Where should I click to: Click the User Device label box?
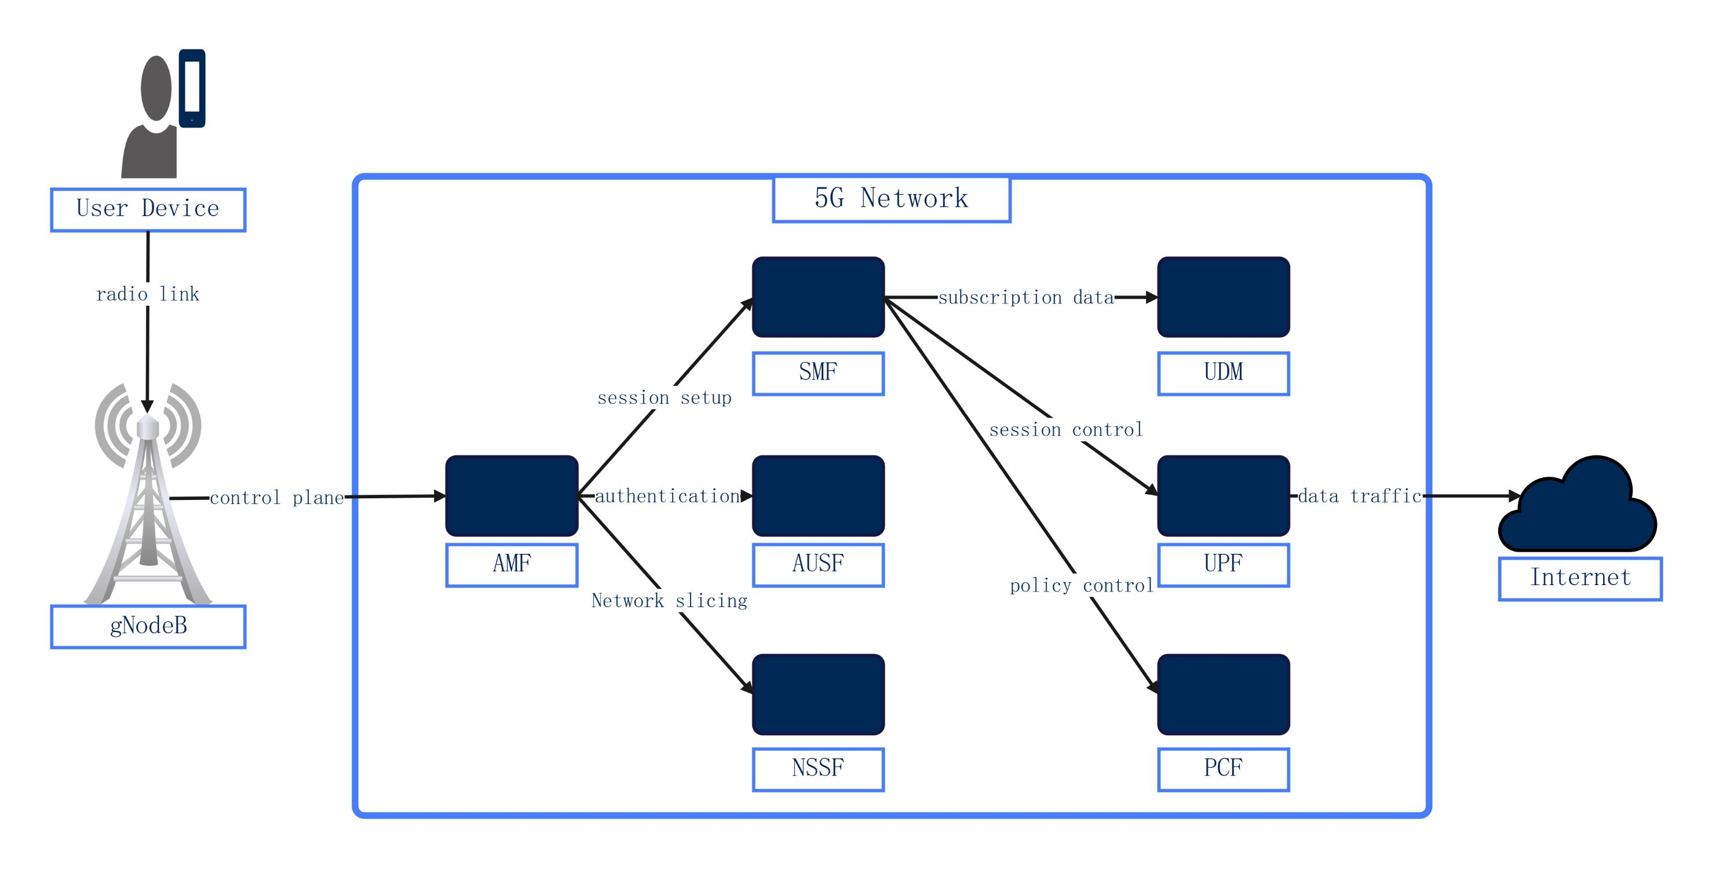(148, 209)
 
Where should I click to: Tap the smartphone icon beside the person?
(192, 87)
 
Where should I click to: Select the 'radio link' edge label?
(148, 294)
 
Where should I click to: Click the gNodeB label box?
(148, 626)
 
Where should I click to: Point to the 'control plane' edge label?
(276, 498)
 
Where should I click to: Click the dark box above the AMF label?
(511, 496)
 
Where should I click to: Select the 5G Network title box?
(890, 199)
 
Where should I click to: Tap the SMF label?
(817, 373)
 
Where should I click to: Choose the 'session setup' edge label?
(664, 398)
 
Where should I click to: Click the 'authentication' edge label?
(667, 496)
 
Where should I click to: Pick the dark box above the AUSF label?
(817, 496)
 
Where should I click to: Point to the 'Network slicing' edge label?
(669, 601)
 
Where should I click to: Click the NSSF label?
(817, 769)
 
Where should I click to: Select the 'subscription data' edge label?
(1025, 298)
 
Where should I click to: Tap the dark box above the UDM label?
(1223, 297)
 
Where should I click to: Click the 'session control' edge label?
(1065, 430)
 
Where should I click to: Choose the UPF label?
(1223, 564)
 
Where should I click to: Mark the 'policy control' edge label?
(1081, 585)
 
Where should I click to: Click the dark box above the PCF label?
(1223, 694)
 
